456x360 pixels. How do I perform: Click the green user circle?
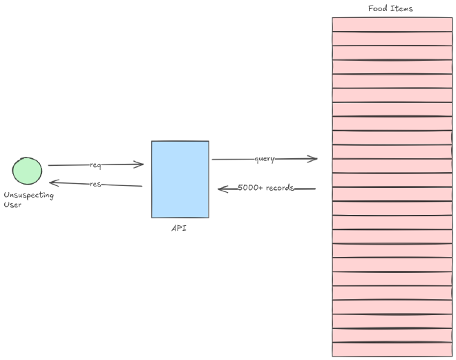click(x=27, y=171)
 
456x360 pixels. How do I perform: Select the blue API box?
click(x=180, y=179)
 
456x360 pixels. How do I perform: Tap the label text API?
click(x=179, y=228)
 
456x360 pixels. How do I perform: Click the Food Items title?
click(x=390, y=8)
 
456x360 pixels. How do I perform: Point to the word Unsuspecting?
click(x=28, y=196)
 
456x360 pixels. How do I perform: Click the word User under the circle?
click(x=12, y=205)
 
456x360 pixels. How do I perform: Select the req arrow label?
click(x=95, y=165)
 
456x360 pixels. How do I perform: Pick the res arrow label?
click(x=96, y=184)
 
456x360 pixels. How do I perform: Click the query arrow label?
click(x=264, y=159)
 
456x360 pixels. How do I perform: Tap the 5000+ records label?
click(x=266, y=188)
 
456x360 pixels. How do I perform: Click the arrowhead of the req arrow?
click(x=140, y=164)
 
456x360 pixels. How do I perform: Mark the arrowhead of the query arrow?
click(x=314, y=159)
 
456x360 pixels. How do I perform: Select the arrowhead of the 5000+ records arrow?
click(x=222, y=188)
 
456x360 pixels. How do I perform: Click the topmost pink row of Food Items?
click(x=392, y=24)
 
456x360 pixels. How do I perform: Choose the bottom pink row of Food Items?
click(x=392, y=349)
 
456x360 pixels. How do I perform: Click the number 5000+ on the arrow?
click(x=249, y=188)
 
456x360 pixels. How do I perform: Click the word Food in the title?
click(x=378, y=8)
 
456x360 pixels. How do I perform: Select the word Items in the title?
click(x=402, y=8)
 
